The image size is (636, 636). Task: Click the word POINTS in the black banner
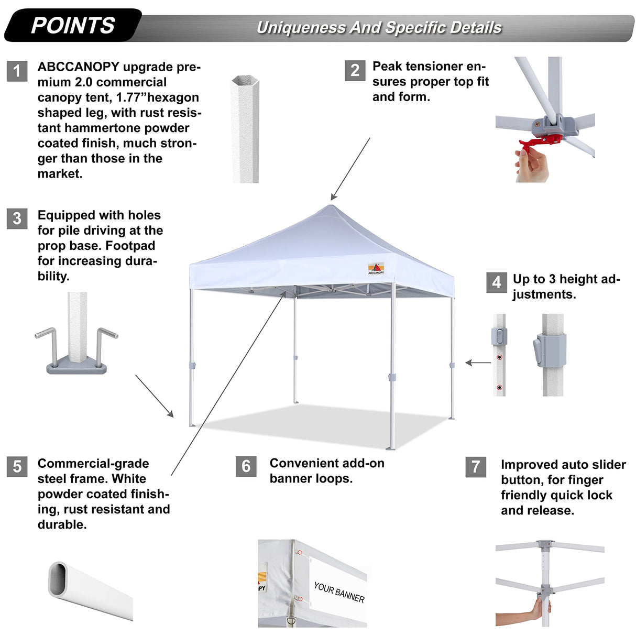pos(73,25)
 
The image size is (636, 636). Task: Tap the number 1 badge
pos(17,71)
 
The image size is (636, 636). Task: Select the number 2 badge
pos(355,70)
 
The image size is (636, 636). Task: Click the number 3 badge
pos(17,218)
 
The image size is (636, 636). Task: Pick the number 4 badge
pos(496,282)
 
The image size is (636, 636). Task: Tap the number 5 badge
pos(17,466)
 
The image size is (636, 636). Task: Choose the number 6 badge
pos(246,466)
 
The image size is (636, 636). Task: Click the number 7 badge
pos(476,466)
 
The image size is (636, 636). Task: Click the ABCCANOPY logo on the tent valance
pos(376,268)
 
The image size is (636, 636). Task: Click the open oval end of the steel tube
pos(58,579)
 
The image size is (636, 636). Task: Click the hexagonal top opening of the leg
pos(245,81)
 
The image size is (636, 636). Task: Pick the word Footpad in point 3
pos(130,246)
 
